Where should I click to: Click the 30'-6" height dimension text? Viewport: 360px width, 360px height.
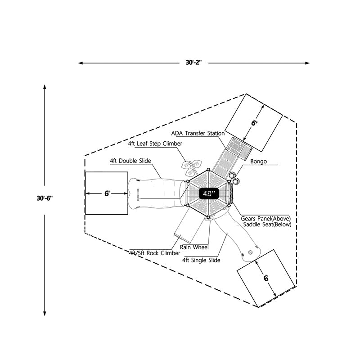(45, 198)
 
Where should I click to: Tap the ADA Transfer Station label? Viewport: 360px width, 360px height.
(198, 134)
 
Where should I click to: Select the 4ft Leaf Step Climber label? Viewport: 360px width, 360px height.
(155, 144)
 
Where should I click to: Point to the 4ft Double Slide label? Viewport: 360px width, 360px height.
(130, 161)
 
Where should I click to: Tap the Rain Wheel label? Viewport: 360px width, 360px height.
(194, 247)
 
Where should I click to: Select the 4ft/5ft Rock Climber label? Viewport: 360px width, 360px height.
(154, 253)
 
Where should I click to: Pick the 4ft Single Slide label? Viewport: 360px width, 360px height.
(201, 260)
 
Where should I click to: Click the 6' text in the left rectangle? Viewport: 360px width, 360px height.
(107, 193)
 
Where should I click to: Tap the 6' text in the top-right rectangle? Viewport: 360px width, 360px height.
(255, 122)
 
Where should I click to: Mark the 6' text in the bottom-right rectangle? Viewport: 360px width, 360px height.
(266, 278)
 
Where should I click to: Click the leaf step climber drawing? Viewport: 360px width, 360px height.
(191, 167)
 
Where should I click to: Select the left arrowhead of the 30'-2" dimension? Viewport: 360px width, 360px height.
(80, 63)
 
